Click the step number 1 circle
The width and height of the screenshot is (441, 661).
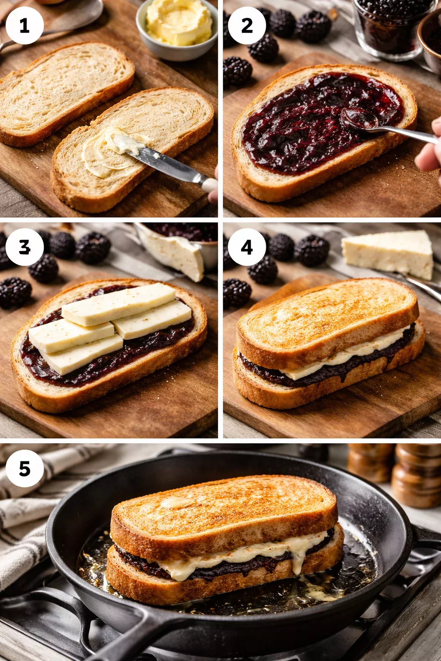(25, 25)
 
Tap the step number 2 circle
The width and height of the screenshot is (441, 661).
(247, 25)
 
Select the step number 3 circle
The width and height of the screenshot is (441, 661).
(25, 247)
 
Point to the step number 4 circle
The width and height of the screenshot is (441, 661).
(247, 247)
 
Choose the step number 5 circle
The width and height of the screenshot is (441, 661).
(25, 468)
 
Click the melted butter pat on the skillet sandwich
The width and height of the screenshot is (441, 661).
(177, 502)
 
